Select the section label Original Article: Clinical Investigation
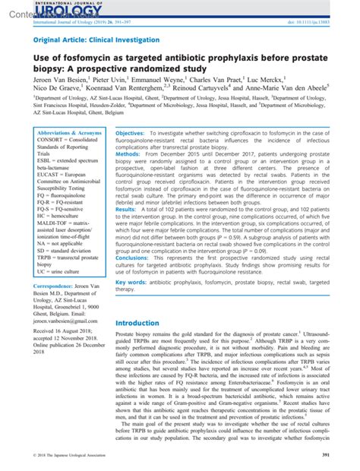click(x=96, y=39)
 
